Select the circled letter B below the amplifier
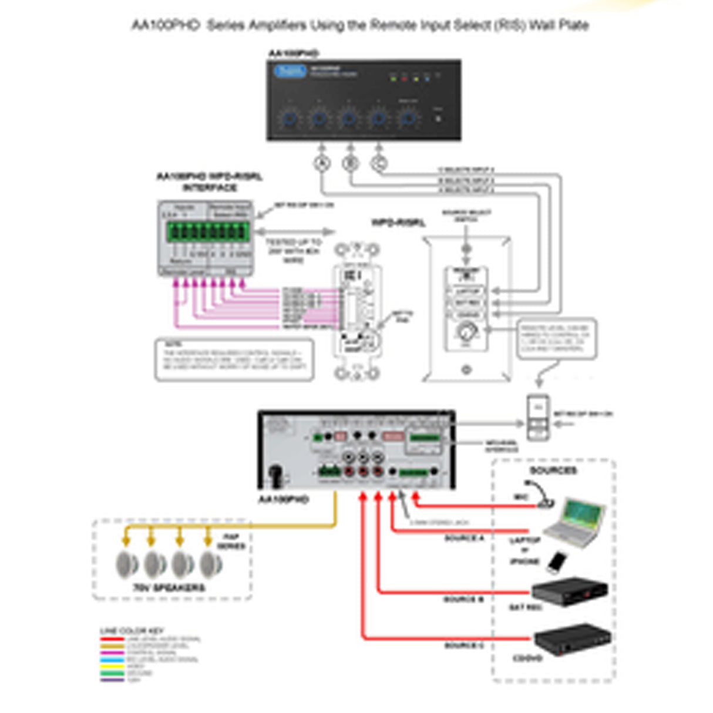coord(351,163)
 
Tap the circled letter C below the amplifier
coord(379,163)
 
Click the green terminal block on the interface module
coord(207,231)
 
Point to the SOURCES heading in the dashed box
coord(553,470)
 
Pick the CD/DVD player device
coord(571,639)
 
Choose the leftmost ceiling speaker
coord(126,564)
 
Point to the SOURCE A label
coord(464,538)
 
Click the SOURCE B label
coord(463,599)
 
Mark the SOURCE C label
coord(464,645)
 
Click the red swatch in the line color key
coord(112,639)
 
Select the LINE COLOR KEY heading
coord(132,631)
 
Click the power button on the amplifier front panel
coord(438,118)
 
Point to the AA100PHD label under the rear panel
coord(283,499)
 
